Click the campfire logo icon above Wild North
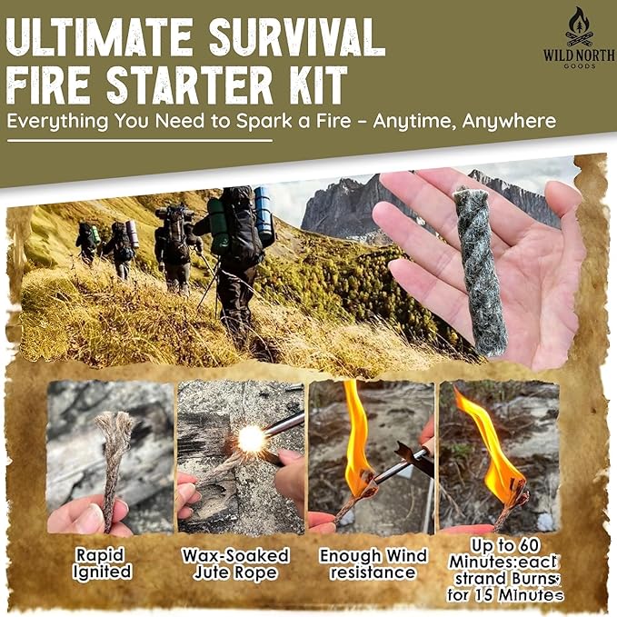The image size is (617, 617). click(579, 26)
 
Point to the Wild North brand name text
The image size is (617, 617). click(579, 55)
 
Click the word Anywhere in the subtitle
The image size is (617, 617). click(509, 121)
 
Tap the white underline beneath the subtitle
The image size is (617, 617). click(140, 141)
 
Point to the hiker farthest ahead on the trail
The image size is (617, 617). click(86, 243)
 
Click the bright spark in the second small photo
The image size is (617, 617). click(251, 438)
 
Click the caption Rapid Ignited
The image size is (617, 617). click(103, 563)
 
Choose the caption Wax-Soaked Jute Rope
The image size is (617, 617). click(235, 564)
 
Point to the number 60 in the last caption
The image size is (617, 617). click(526, 546)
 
